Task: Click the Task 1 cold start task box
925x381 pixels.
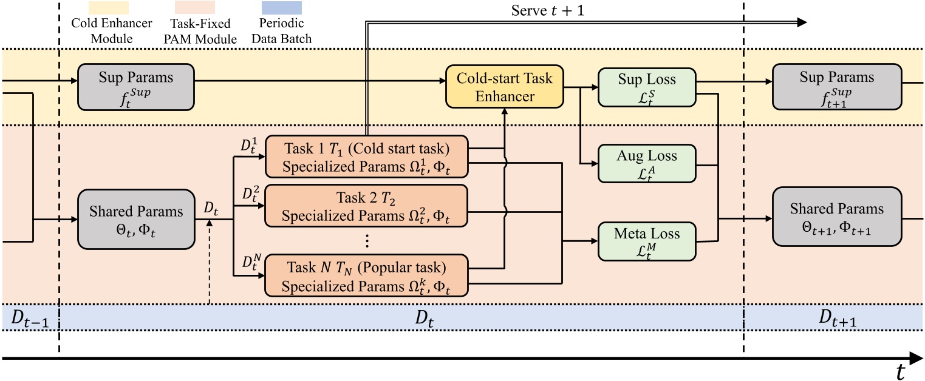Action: (366, 155)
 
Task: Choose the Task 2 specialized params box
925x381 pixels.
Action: (366, 206)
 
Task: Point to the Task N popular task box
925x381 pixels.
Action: (366, 275)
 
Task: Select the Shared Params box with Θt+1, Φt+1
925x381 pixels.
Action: (836, 217)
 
